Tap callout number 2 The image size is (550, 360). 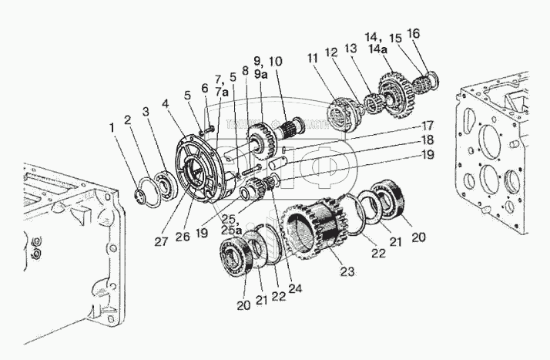(127, 119)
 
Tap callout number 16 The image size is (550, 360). (414, 33)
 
